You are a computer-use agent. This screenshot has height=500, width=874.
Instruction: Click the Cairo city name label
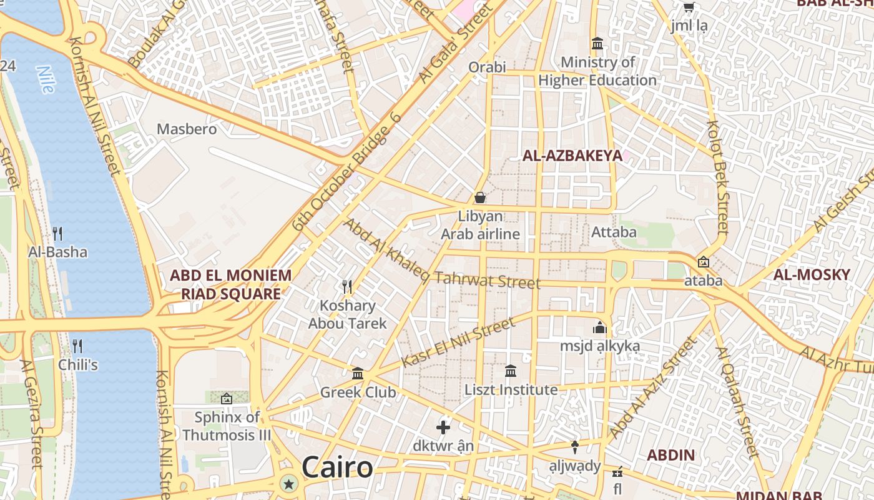[x=337, y=467]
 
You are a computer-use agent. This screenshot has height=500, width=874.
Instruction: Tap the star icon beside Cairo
[x=288, y=483]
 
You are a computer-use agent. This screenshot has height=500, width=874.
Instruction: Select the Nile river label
[x=45, y=79]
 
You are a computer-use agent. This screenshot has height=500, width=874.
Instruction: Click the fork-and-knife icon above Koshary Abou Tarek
[x=347, y=287]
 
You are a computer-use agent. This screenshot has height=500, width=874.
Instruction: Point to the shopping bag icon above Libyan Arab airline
[x=480, y=197]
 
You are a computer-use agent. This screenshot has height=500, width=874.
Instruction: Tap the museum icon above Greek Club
[x=358, y=373]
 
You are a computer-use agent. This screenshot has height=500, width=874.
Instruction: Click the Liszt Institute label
[x=511, y=390]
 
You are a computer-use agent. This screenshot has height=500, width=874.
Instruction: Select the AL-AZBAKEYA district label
[x=572, y=156]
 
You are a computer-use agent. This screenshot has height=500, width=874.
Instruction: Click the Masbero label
[x=187, y=129]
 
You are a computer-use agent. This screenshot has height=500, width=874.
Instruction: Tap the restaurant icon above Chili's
[x=77, y=346]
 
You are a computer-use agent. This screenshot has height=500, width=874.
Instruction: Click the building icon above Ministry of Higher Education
[x=597, y=44]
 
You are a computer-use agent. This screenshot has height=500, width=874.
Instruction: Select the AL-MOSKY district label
[x=812, y=274]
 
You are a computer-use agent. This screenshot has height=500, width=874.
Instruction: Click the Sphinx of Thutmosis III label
[x=227, y=426]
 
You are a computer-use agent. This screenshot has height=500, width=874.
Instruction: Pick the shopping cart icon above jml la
[x=689, y=7]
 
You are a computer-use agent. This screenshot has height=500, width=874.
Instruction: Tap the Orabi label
[x=487, y=67]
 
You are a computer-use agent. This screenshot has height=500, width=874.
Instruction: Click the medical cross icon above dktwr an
[x=443, y=427]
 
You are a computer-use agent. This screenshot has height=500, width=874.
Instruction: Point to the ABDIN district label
[x=670, y=455]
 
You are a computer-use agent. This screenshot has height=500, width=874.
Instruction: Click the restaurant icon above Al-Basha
[x=57, y=234]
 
